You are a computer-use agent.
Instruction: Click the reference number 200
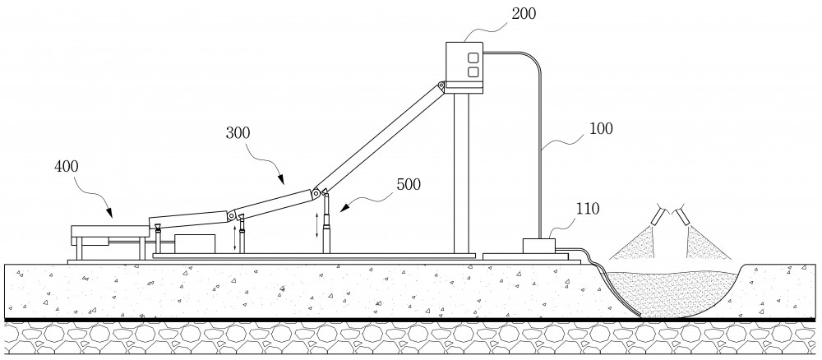[x=524, y=13]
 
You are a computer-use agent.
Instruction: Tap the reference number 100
[x=601, y=128]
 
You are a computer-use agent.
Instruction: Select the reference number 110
[x=587, y=209]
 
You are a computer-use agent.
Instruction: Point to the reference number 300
[x=238, y=133]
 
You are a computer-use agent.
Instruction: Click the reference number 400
[x=66, y=167]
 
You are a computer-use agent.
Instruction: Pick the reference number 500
[x=409, y=184]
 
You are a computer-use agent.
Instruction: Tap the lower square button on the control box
[x=473, y=72]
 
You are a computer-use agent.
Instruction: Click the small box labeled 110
[x=539, y=247]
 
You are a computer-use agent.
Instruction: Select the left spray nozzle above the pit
[x=657, y=215]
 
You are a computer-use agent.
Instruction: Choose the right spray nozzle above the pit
[x=682, y=216]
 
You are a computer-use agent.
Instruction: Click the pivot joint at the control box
[x=441, y=85]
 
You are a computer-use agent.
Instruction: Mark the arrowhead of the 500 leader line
[x=343, y=209]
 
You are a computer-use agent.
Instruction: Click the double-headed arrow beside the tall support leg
[x=316, y=225]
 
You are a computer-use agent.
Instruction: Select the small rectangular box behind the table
[x=195, y=244]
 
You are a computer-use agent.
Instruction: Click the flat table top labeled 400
[x=110, y=231]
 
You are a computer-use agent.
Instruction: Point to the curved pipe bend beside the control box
[x=532, y=58]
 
